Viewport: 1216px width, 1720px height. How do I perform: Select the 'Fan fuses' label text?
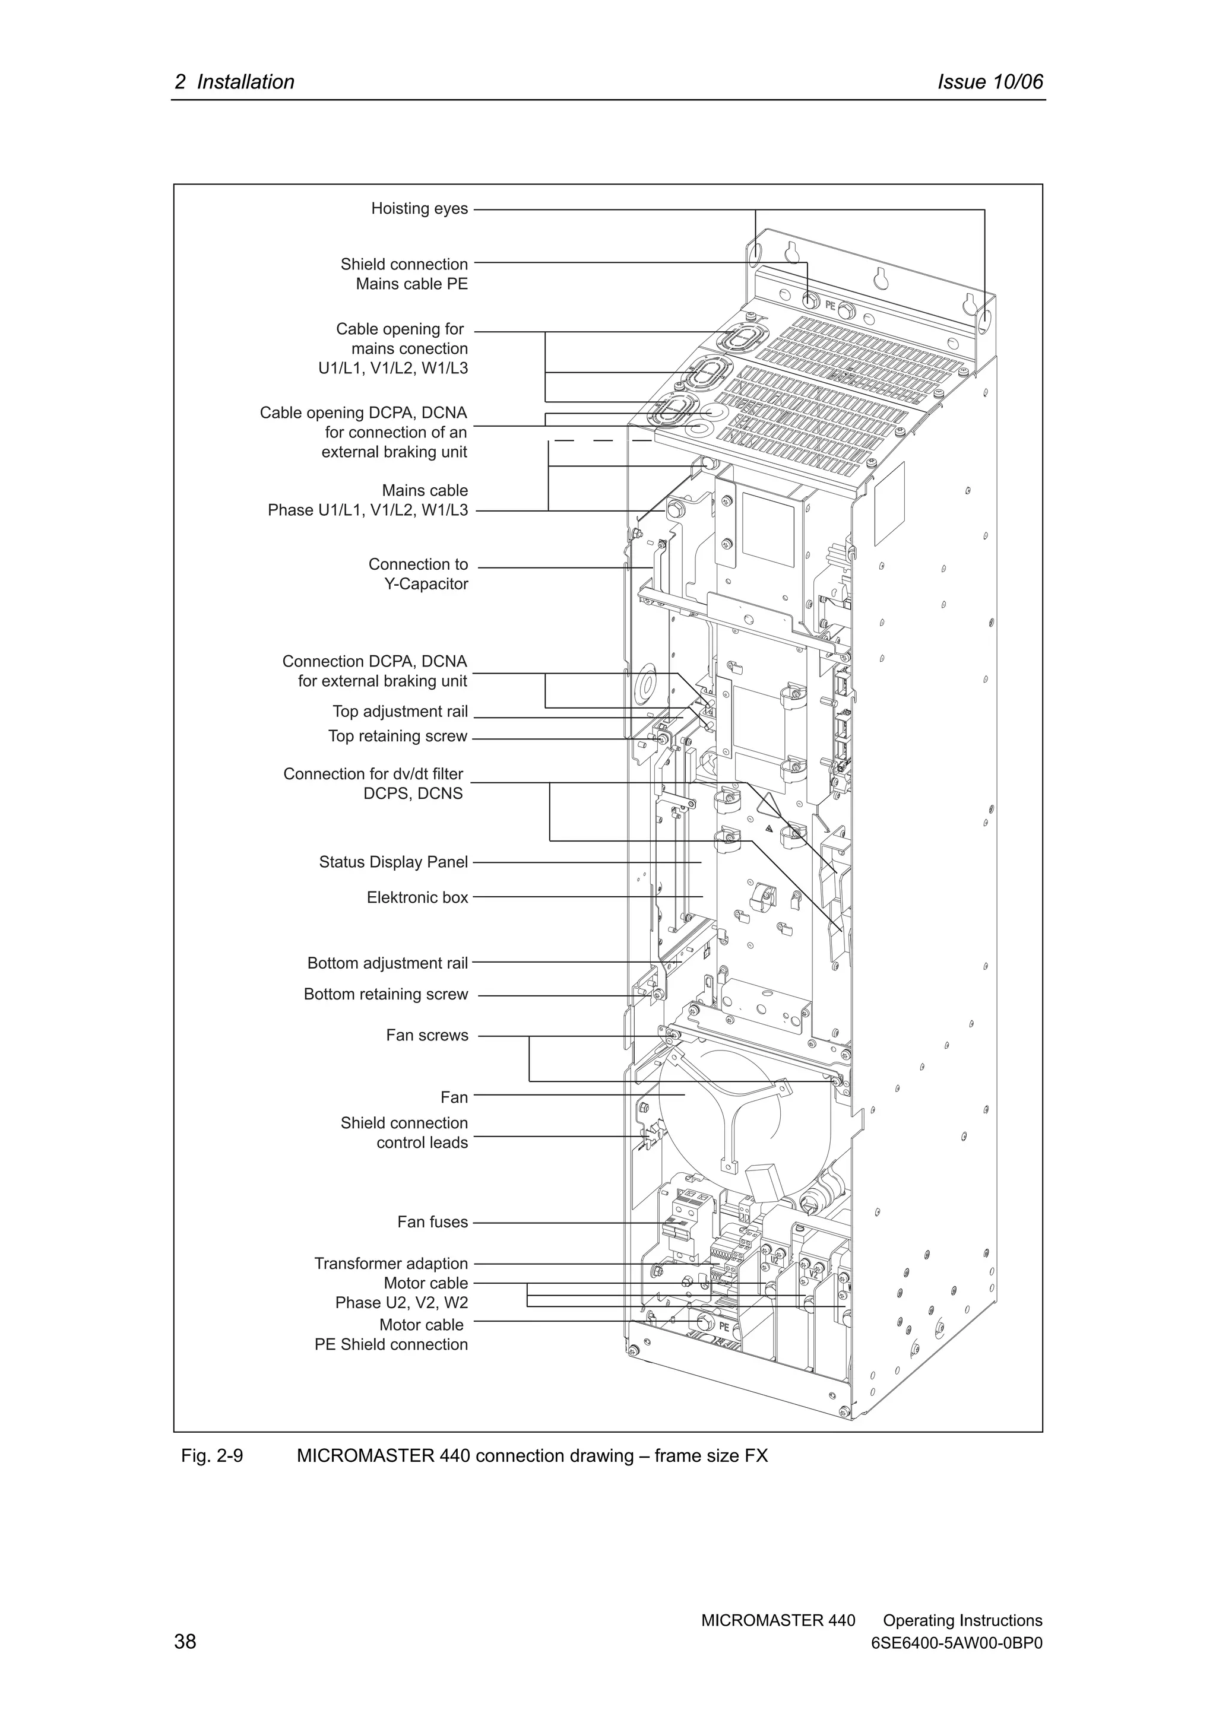click(432, 1223)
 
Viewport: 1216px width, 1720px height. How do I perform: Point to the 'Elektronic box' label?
click(417, 897)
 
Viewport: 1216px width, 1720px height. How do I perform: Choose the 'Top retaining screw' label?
click(397, 737)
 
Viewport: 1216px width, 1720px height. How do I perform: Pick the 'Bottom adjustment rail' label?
click(387, 963)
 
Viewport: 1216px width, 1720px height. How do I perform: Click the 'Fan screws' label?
click(426, 1035)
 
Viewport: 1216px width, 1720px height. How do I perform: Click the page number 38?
click(185, 1641)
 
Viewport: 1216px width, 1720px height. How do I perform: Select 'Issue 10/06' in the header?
click(990, 82)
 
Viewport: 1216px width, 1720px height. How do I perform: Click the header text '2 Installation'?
click(235, 82)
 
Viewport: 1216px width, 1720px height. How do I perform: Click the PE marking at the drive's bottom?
click(724, 1327)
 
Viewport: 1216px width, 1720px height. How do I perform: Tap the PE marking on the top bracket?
click(830, 306)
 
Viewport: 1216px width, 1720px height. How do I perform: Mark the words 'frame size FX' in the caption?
click(711, 1456)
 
